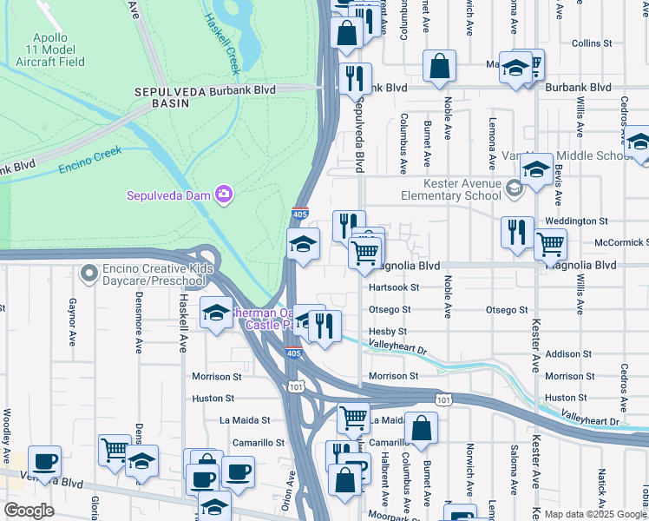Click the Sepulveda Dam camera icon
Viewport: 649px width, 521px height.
224,194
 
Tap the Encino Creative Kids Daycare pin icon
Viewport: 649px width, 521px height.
88,274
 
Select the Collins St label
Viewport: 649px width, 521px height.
592,43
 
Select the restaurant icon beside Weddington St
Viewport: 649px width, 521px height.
517,232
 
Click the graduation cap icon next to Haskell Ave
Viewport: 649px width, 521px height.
215,313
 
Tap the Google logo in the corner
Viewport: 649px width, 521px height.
29,511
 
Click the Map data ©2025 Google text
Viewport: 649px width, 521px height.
594,514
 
